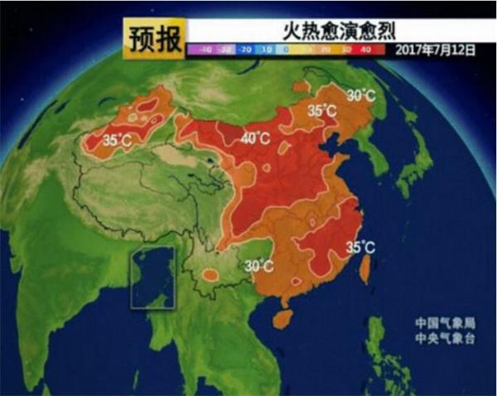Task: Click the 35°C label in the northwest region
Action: point(117,142)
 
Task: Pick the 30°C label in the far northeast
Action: point(360,95)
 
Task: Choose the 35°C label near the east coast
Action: point(360,247)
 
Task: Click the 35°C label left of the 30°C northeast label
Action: point(322,110)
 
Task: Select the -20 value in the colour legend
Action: point(245,50)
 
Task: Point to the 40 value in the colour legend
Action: point(366,50)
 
